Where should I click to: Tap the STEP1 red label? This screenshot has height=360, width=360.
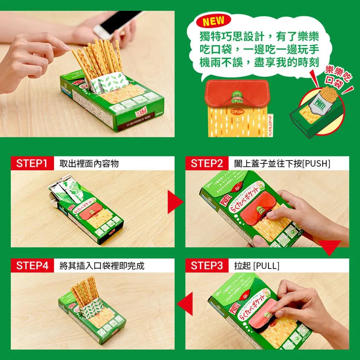click(x=32, y=163)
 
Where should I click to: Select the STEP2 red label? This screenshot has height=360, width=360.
click(x=207, y=163)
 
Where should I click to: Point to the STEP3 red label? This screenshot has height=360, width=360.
click(x=207, y=265)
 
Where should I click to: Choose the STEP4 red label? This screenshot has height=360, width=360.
click(x=32, y=265)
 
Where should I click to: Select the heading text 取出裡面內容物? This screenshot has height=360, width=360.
click(x=89, y=163)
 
